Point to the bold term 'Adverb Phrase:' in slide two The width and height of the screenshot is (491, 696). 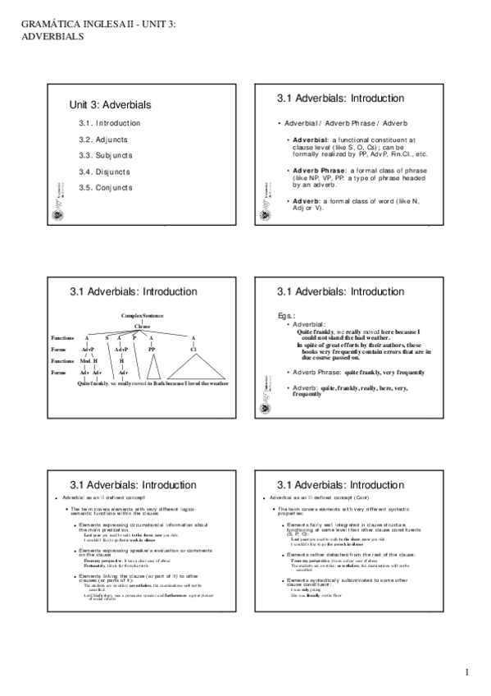pos(318,170)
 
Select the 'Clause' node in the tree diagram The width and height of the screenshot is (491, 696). pos(143,327)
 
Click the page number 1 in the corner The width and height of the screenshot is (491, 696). pos(466,674)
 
